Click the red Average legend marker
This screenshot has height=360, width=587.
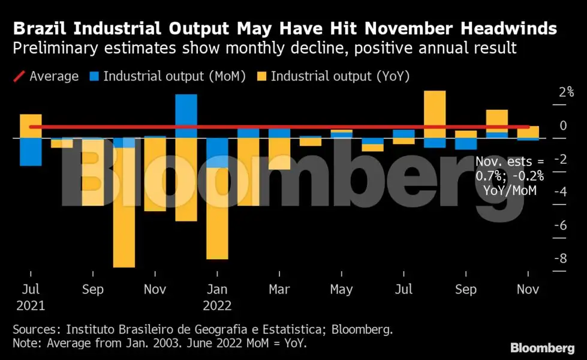click(19, 76)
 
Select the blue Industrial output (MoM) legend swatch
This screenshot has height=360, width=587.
click(93, 76)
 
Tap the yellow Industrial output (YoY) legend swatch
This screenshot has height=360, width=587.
click(261, 76)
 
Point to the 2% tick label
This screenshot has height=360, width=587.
click(566, 92)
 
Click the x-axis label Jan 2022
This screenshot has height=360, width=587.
click(216, 297)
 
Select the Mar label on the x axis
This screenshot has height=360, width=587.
click(279, 289)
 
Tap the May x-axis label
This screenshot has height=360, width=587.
click(341, 289)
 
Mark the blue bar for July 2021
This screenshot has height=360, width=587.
click(31, 152)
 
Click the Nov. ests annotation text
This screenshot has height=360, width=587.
click(509, 176)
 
